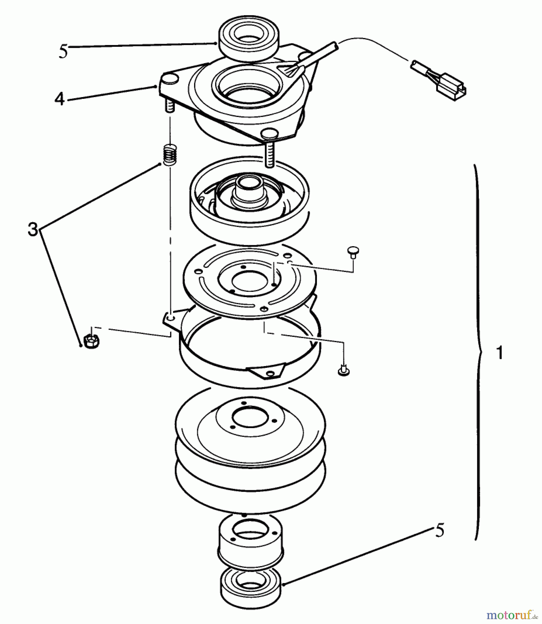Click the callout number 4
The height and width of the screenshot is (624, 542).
tap(59, 99)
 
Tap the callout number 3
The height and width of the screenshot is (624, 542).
tap(33, 229)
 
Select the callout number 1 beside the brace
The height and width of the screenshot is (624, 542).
tap(499, 353)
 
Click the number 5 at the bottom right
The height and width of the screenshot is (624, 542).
tap(439, 530)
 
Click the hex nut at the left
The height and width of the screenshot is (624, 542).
tap(92, 341)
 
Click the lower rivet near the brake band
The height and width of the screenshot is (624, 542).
tap(343, 370)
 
